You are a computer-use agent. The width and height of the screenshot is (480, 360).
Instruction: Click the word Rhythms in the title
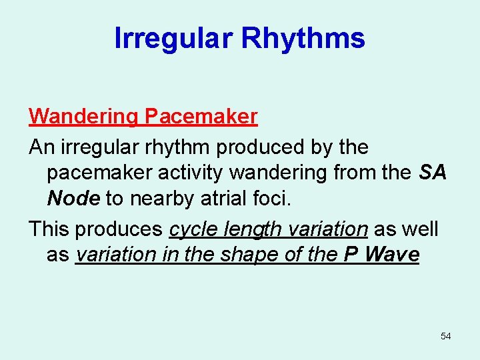303,39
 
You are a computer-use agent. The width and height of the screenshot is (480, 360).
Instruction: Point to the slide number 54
445,336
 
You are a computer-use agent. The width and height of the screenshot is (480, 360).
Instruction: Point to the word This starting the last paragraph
49,229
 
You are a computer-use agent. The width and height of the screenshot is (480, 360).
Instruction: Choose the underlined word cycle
192,229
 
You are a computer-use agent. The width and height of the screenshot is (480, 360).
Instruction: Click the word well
421,229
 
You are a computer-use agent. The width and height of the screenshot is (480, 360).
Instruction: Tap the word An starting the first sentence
39,147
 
